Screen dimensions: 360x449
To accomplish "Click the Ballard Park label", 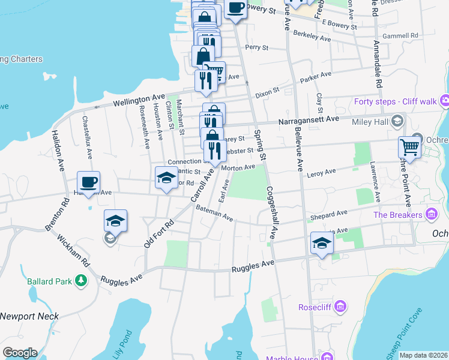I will [50, 281].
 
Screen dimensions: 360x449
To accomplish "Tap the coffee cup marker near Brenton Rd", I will [88, 182].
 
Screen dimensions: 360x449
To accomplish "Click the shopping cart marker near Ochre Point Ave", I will [409, 146].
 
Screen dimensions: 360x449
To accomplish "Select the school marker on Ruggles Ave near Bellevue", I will [322, 243].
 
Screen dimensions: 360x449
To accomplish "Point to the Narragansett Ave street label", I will [308, 119].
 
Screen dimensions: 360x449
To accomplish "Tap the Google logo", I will [20, 352].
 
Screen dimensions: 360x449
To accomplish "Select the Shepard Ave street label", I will [328, 214].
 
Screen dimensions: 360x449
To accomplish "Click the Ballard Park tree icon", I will [80, 281].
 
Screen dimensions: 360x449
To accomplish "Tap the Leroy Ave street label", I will [321, 173].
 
